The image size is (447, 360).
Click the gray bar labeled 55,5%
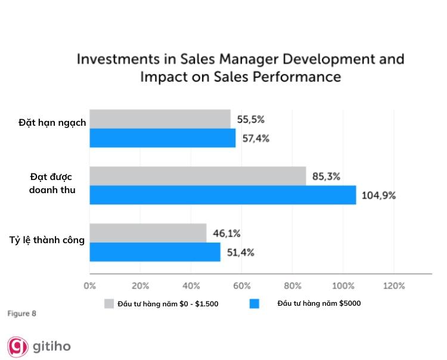point(160,119)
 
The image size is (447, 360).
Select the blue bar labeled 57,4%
point(162,138)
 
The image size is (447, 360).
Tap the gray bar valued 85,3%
point(197,176)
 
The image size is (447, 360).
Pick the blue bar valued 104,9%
point(222,195)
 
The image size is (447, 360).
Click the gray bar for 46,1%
point(148,233)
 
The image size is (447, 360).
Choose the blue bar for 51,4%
point(154,252)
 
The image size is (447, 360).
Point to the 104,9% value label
point(378,195)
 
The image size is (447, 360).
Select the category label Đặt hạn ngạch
point(52,123)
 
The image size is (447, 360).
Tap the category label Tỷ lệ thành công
point(47,240)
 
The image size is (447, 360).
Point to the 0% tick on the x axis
point(89,286)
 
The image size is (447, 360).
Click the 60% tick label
point(241,286)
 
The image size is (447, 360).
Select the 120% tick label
point(394,286)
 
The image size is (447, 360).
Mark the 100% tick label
point(343,286)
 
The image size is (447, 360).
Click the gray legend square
point(108,303)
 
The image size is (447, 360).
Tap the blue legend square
point(254,303)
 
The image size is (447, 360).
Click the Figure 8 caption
point(21,313)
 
